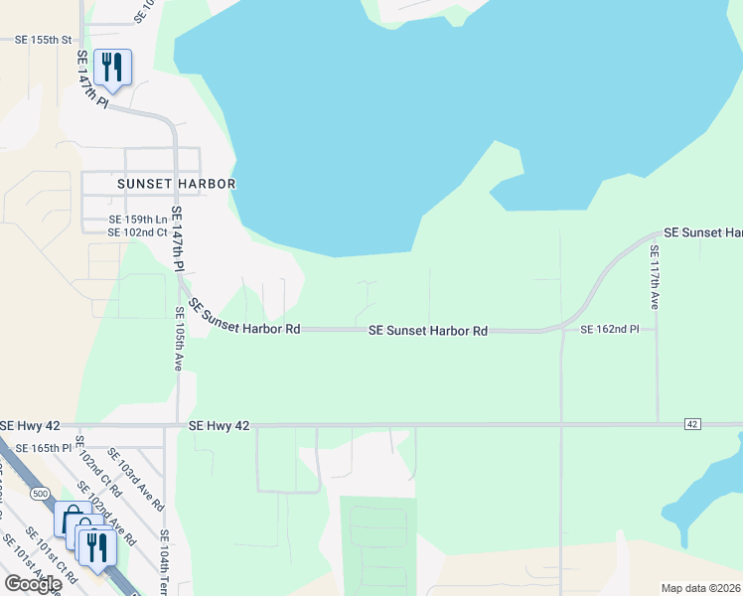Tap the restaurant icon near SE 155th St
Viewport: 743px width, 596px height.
[x=112, y=68]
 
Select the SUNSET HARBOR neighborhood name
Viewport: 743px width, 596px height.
[x=176, y=184]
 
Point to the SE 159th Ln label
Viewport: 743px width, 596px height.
[x=138, y=220]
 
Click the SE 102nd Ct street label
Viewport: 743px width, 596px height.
[x=138, y=232]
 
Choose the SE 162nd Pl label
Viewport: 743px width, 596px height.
[x=610, y=329]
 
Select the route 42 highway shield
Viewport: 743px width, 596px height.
[x=692, y=424]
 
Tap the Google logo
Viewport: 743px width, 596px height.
[x=33, y=583]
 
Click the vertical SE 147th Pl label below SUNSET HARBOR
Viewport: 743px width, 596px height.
[x=178, y=239]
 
